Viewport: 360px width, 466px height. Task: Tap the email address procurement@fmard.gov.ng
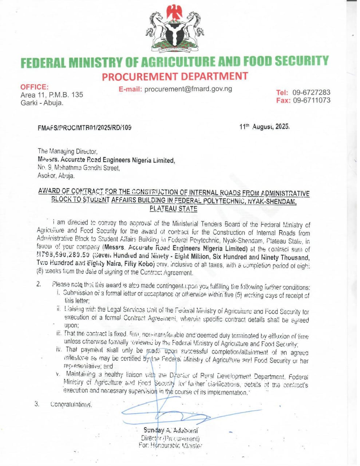(188, 89)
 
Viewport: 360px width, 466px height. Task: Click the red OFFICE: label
(34, 87)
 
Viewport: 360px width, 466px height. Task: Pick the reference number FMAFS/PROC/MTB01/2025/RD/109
(84, 128)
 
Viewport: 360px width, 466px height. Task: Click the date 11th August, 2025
(264, 127)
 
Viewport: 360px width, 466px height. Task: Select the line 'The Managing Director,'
(68, 151)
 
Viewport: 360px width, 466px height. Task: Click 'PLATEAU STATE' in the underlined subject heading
(174, 209)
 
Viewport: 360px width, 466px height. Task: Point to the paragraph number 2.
(38, 284)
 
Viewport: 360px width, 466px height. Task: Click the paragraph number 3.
(37, 404)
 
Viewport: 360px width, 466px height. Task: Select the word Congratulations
(71, 404)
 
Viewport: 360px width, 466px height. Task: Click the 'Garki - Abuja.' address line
(42, 103)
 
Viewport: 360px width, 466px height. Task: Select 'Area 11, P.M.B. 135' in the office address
(52, 95)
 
